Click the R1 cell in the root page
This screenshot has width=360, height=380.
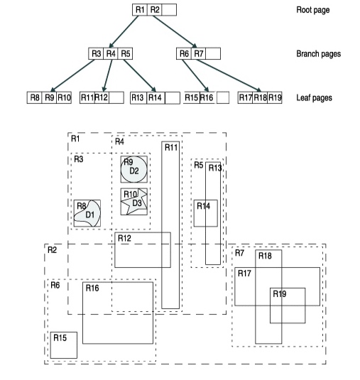pos(140,10)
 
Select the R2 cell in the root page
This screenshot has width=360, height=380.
pos(155,10)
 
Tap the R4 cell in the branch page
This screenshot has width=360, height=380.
pos(111,53)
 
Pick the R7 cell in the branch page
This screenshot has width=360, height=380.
pos(199,53)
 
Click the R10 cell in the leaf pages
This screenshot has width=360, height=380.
pos(64,97)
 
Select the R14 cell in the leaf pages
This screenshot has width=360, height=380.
pos(156,98)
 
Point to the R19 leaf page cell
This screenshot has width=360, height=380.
pos(275,97)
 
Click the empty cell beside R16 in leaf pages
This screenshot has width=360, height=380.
pos(223,97)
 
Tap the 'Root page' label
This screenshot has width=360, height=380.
pos(313,10)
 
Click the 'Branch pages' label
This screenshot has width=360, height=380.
pos(319,54)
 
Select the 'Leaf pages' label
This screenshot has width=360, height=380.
pos(315,98)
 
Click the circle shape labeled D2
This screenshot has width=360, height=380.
pos(134,169)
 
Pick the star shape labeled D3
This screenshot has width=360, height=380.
pos(135,202)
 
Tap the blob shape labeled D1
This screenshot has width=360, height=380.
pos(87,214)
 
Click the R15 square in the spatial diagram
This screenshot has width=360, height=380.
pos(64,345)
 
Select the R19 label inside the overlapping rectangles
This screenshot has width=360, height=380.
pos(280,294)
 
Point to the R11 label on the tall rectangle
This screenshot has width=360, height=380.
pos(171,147)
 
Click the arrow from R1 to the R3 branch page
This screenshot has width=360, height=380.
pos(124,31)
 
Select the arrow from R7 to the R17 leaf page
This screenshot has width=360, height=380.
pos(229,75)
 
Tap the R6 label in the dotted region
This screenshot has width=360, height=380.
pos(55,285)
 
